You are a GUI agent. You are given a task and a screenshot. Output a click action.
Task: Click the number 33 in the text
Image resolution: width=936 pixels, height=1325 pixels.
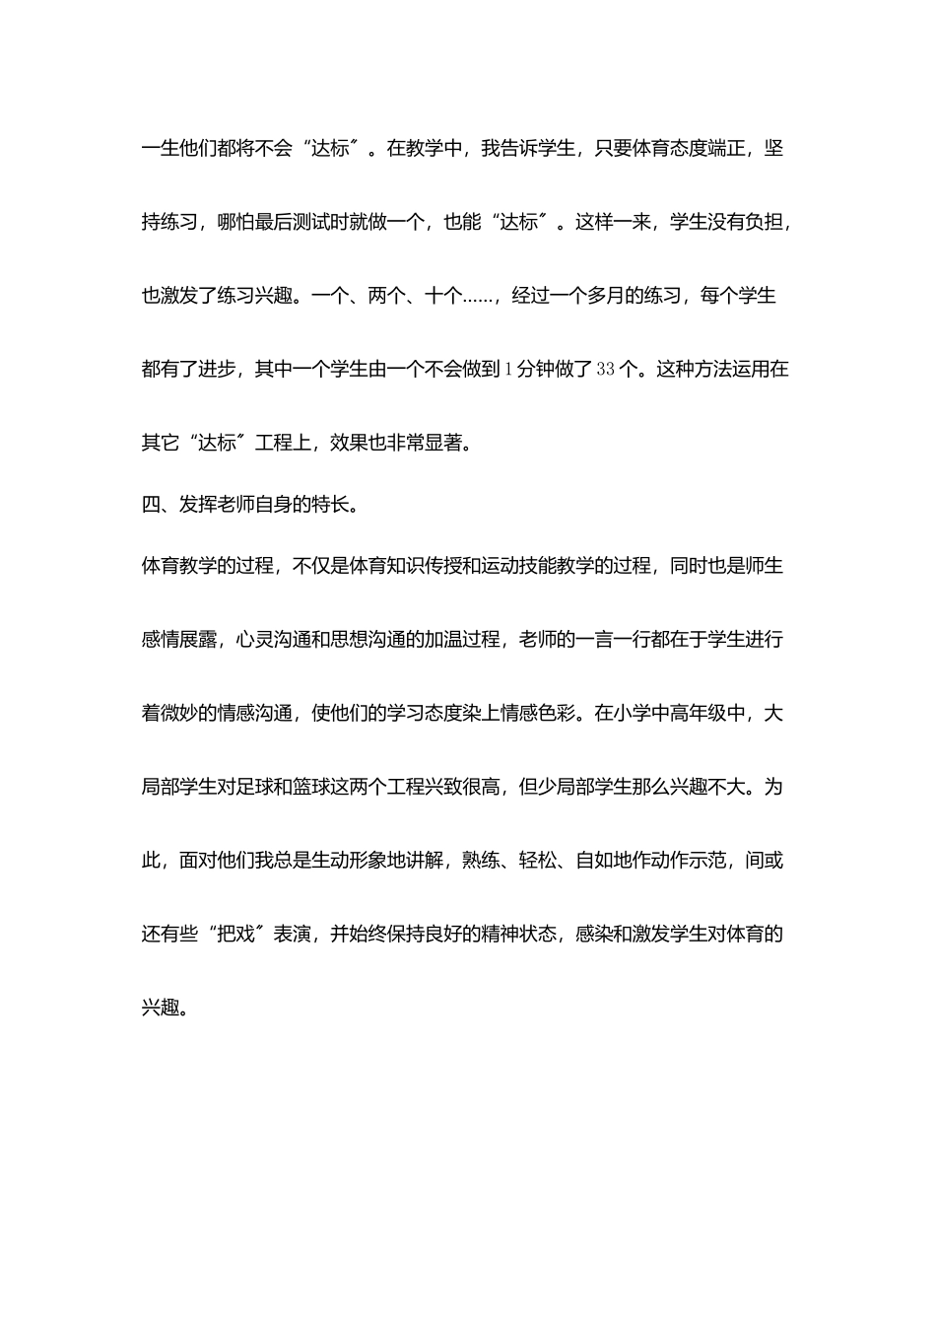coord(606,370)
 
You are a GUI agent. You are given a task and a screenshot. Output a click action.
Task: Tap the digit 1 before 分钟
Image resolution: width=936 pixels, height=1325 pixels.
coord(508,370)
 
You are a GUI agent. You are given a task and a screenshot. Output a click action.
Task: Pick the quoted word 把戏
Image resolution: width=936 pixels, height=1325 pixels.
coord(235,934)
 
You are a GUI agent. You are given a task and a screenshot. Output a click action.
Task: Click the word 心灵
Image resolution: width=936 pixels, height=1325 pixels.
coord(256,639)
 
